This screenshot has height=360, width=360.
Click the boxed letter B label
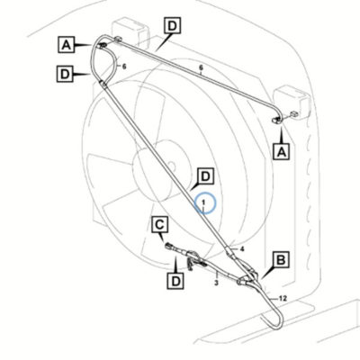[x=281, y=260]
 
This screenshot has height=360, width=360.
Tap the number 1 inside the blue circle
[x=203, y=202]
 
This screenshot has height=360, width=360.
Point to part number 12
[x=283, y=299]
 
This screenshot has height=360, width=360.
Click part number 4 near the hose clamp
[x=242, y=248]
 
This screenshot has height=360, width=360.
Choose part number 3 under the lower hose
[x=216, y=283]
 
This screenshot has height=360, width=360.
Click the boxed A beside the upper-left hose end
[x=67, y=45]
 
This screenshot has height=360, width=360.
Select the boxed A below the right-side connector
[x=282, y=151]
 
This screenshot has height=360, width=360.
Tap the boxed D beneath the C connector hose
[x=175, y=281]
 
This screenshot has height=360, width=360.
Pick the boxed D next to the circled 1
[x=206, y=176]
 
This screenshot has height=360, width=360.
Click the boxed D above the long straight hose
[x=173, y=25]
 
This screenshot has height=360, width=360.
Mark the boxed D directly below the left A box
[x=65, y=74]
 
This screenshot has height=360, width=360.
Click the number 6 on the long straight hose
[x=202, y=67]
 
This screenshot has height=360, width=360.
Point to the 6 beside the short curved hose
[x=124, y=66]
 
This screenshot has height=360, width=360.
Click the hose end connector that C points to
[x=168, y=246]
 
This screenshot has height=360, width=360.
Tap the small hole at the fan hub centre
[x=171, y=165]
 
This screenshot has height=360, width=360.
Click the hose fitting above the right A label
[x=276, y=121]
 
